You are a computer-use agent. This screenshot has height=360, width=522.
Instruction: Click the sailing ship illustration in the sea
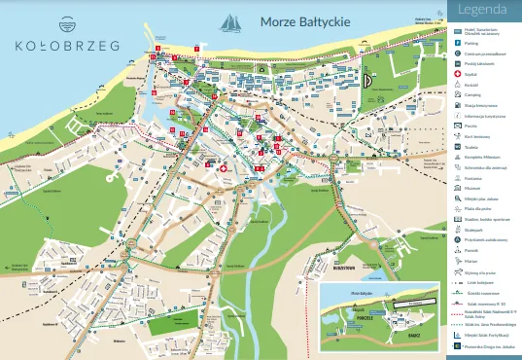[x=230, y=20]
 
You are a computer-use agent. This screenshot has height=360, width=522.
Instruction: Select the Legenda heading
[x=482, y=12]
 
